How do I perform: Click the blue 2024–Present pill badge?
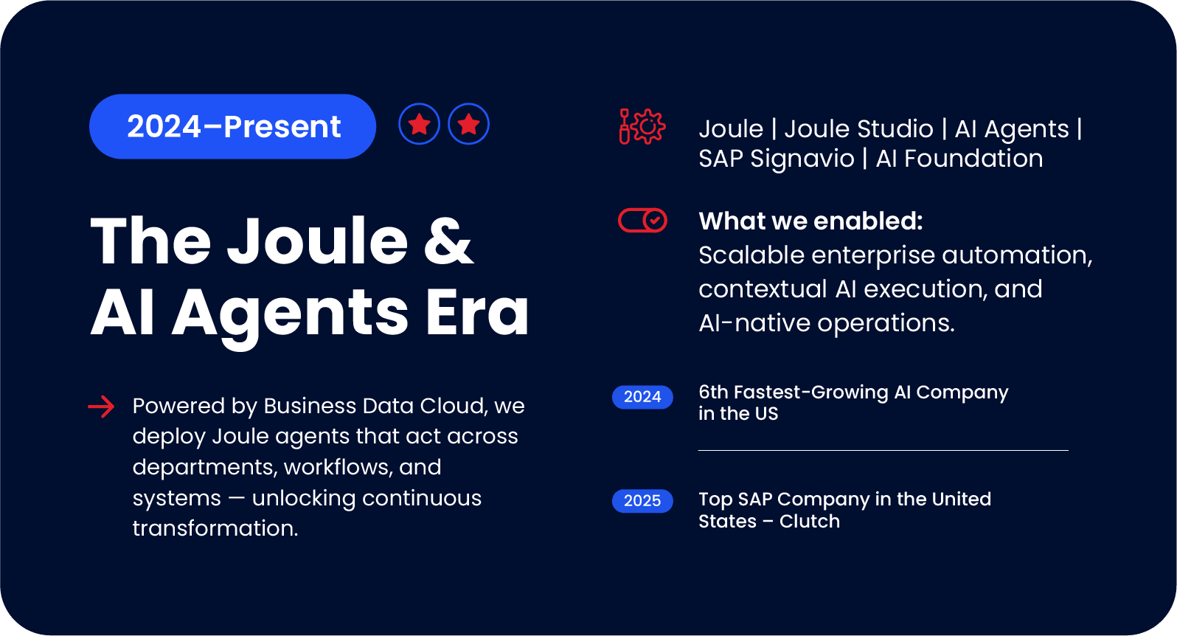232,126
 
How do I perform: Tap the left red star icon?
420,124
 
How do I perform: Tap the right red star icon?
469,124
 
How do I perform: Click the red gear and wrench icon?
642,127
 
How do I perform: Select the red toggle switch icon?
642,220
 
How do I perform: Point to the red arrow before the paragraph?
102,407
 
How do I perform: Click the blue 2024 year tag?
642,397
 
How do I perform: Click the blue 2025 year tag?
642,501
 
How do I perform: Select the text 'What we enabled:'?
810,221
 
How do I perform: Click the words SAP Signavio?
776,159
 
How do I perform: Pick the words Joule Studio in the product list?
858,129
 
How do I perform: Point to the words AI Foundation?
959,159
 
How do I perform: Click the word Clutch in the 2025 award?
810,522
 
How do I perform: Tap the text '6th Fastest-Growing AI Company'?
853,393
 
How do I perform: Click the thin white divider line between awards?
883,450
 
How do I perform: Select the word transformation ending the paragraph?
214,529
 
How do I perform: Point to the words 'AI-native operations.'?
826,323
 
